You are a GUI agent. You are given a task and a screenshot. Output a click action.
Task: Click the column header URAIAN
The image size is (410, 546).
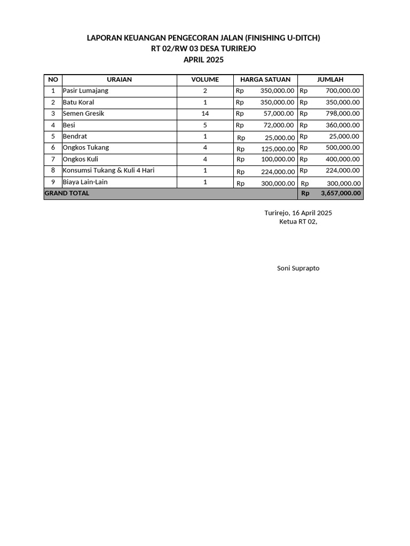pos(119,79)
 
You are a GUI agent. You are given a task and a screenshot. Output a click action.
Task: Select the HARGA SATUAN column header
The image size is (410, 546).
pos(265,79)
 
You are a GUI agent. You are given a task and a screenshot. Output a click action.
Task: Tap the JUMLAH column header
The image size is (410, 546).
pos(330,79)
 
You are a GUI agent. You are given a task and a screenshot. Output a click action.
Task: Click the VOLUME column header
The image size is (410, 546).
pos(205,79)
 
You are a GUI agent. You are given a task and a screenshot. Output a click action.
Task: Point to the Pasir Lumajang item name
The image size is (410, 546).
pos(85,91)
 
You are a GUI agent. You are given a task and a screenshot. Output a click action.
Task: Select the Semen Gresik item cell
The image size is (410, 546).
pos(83,114)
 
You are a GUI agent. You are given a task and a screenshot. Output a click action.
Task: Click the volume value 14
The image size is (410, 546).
pos(205,114)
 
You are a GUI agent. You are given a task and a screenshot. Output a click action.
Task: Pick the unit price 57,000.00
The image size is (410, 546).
pos(278,114)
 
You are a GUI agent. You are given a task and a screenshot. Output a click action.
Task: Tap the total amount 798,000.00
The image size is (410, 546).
pos(342,114)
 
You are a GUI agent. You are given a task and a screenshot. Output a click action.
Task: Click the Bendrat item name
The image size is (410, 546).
pos(75,136)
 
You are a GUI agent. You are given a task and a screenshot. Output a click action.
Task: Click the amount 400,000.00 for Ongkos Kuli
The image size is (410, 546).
pos(342,159)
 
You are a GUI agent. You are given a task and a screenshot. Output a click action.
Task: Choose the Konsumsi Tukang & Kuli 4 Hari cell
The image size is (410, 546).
pos(112,171)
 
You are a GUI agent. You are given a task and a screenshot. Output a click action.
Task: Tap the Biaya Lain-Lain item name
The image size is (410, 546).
pos(85,182)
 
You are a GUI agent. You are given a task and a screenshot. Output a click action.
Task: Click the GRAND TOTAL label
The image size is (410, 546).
pos(67,194)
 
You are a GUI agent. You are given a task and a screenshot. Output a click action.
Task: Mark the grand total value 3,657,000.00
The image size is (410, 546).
pos(341,194)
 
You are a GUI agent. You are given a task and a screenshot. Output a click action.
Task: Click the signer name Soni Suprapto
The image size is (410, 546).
pos(298,268)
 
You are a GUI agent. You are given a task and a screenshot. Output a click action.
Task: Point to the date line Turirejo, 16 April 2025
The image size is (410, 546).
pos(298,213)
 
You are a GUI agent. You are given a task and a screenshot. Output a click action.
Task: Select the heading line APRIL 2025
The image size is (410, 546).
pos(203,60)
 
